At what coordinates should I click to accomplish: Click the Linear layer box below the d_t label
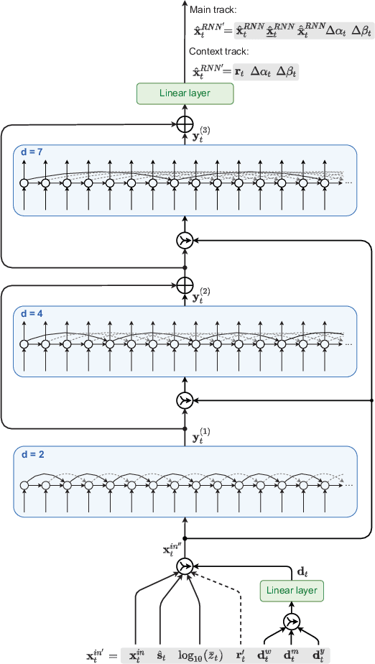[292, 591]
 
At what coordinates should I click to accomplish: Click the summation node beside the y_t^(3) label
[185, 124]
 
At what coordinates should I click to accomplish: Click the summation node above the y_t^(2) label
[185, 285]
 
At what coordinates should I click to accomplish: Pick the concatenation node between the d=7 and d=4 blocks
[185, 241]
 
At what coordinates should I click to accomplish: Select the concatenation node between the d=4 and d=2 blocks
[185, 400]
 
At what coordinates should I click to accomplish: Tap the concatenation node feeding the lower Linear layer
[292, 622]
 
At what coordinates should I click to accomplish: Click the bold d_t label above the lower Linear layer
[303, 571]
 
